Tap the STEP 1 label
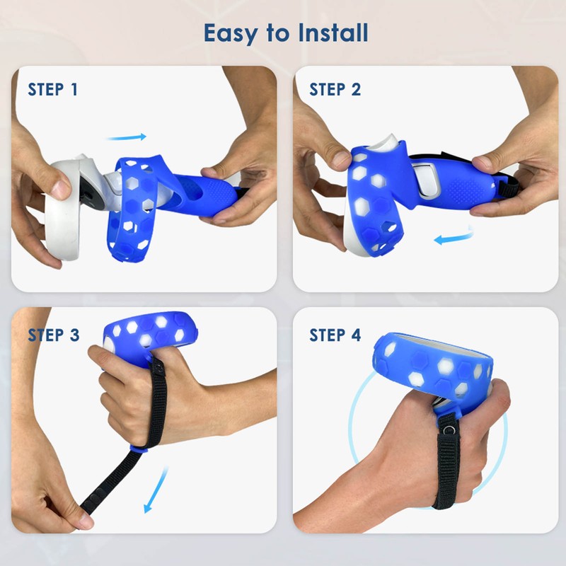pyautogui.click(x=53, y=90)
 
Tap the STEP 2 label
pyautogui.click(x=335, y=90)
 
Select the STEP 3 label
pyautogui.click(x=53, y=335)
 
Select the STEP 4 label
pyautogui.click(x=335, y=335)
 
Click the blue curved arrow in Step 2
pyautogui.click(x=453, y=237)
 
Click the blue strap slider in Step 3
pyautogui.click(x=139, y=447)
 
